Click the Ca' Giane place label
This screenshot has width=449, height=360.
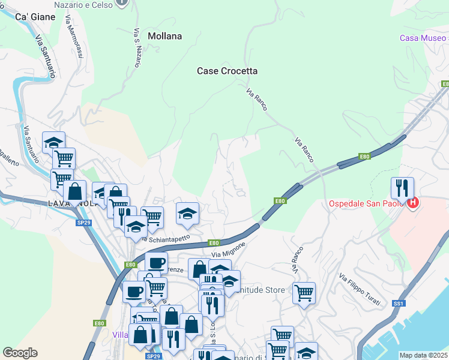click(35, 17)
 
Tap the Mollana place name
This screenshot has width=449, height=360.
click(164, 36)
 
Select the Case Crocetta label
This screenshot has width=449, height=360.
click(228, 71)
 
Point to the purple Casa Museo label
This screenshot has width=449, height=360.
click(424, 38)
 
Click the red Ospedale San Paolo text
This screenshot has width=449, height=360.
click(367, 204)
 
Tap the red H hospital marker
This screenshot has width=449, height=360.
click(413, 204)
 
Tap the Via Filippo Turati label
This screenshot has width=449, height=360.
click(359, 290)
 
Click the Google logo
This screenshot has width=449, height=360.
click(20, 353)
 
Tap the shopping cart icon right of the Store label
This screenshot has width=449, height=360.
click(304, 293)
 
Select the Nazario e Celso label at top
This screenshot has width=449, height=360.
click(83, 4)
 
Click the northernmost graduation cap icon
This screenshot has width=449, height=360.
click(53, 142)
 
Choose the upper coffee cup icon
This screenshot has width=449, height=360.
click(156, 262)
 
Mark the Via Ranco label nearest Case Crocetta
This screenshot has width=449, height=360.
click(257, 100)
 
